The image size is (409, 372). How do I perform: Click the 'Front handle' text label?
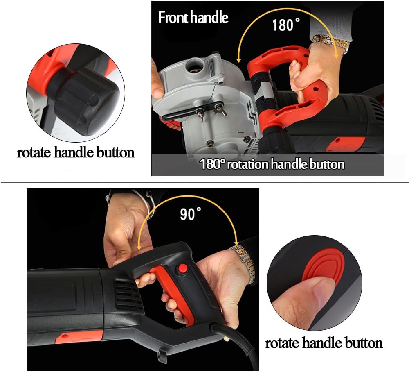[x=193, y=18]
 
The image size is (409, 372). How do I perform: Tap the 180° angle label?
[x=285, y=25]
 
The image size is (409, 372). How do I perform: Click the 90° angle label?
[x=191, y=214]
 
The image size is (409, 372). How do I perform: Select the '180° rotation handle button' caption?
[x=272, y=164]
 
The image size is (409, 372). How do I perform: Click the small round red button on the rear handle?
[x=182, y=268]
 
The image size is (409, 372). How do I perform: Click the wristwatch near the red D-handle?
[x=331, y=43]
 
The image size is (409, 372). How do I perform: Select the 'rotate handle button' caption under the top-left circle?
[x=76, y=152]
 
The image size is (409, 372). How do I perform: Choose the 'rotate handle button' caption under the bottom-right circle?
[x=324, y=343]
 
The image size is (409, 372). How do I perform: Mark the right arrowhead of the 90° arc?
[x=237, y=242]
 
